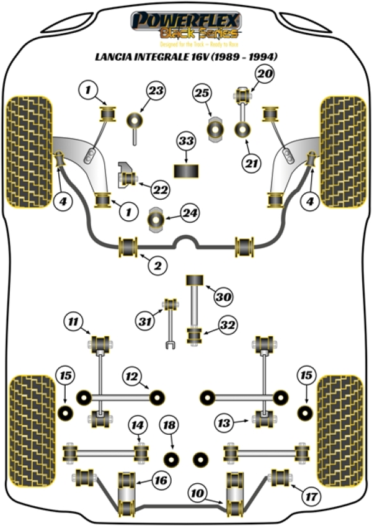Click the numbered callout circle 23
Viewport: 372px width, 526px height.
pos(156,91)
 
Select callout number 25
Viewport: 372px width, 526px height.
pos(201,94)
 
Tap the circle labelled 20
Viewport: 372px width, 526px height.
pos(265,74)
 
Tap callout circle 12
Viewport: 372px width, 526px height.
pos(131,376)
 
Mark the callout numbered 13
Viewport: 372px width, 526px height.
pos(224,423)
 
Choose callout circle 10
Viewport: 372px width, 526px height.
pos(198,494)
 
